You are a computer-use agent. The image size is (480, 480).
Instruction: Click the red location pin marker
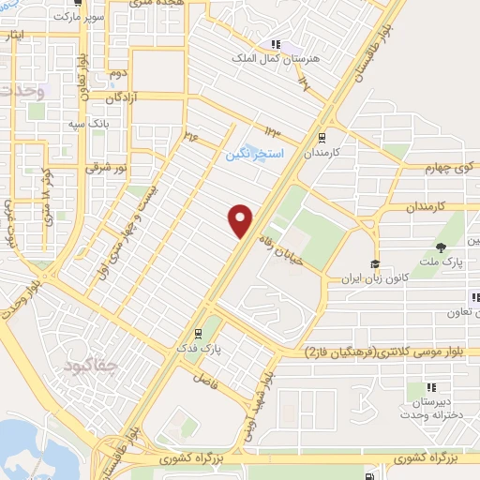241,218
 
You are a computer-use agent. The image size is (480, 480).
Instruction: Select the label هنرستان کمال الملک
276,58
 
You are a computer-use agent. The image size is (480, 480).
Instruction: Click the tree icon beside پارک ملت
441,247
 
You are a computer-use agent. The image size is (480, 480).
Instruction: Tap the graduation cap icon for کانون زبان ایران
375,264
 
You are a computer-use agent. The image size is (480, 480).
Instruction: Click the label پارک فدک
198,349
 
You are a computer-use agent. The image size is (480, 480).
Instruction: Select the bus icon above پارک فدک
198,333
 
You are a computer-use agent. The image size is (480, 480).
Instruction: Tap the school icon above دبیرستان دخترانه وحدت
431,386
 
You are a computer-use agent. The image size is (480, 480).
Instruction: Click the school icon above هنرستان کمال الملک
276,43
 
